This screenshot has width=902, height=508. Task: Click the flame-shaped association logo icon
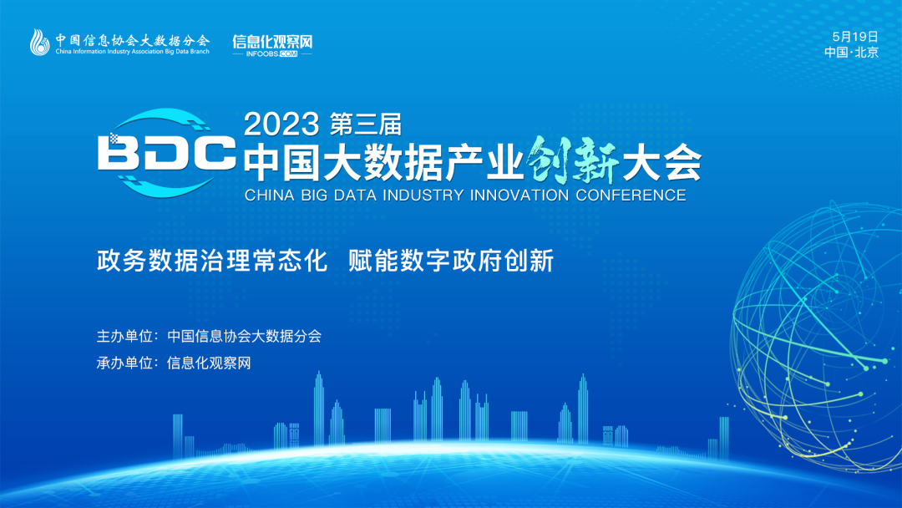pyautogui.click(x=40, y=42)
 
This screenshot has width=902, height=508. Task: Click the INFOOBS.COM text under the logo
pyautogui.click(x=271, y=54)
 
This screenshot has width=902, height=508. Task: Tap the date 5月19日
pyautogui.click(x=855, y=37)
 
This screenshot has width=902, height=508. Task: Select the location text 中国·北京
pyautogui.click(x=851, y=53)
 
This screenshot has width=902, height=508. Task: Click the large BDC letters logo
pyautogui.click(x=166, y=153)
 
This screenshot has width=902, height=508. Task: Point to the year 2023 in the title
pyautogui.click(x=281, y=124)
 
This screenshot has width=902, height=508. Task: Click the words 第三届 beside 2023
pyautogui.click(x=365, y=124)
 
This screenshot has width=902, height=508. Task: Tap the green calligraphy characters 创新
pyautogui.click(x=572, y=160)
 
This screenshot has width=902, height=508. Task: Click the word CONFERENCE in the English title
pyautogui.click(x=631, y=195)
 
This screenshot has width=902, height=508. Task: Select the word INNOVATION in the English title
pyautogui.click(x=519, y=195)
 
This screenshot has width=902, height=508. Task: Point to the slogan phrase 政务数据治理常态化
pyautogui.click(x=211, y=261)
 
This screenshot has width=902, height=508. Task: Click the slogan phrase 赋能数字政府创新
pyautogui.click(x=451, y=261)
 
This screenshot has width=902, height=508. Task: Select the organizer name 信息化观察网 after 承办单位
pyautogui.click(x=209, y=363)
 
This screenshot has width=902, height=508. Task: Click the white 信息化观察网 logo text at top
pyautogui.click(x=272, y=42)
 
